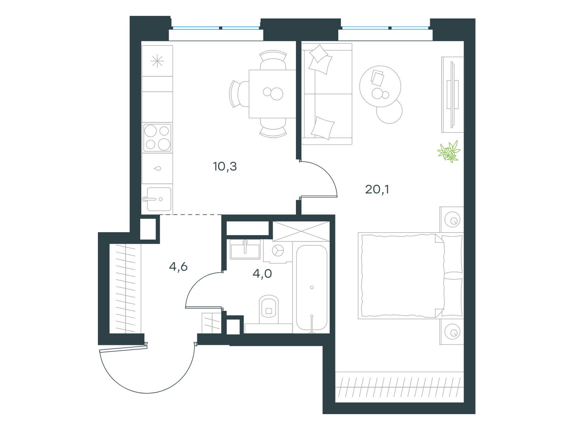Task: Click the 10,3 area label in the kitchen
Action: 225,167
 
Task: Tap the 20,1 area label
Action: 377,189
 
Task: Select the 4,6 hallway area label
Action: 178,267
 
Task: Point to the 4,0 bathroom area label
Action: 262,273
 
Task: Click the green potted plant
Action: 449,152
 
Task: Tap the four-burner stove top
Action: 157,138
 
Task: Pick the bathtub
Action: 312,288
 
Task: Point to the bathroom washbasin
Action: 245,249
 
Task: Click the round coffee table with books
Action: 380,86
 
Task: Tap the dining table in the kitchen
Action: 272,94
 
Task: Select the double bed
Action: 410,276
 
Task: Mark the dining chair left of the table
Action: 239,94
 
